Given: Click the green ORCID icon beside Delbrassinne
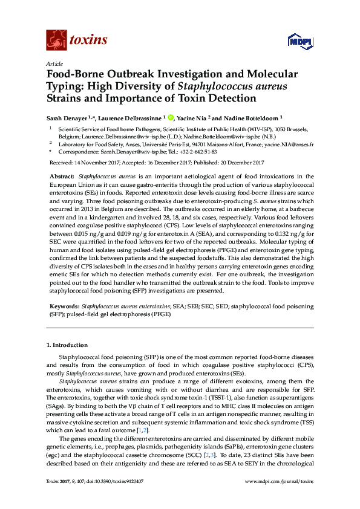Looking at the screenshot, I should coord(171,118).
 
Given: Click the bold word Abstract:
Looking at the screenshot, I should coord(62,175).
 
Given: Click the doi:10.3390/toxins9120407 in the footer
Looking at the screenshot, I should coord(119,497).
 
